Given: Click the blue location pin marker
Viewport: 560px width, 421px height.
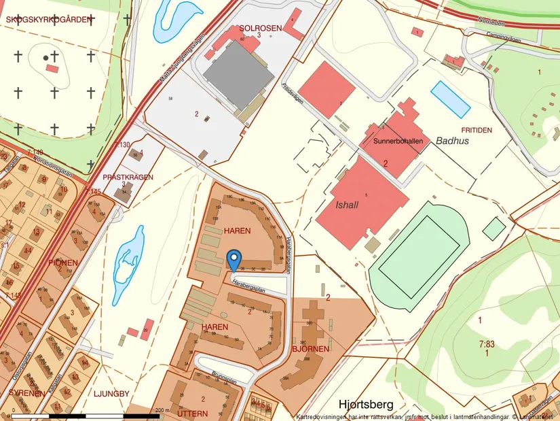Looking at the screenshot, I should point(234,259).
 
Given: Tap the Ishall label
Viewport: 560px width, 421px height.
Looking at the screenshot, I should point(346,204).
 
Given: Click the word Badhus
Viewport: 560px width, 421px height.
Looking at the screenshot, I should point(452,141).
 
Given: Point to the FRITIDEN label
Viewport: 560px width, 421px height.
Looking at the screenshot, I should point(477,129).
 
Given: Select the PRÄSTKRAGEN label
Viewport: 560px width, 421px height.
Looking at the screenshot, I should point(128,177).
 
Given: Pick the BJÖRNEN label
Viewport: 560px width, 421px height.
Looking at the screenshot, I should point(310,349).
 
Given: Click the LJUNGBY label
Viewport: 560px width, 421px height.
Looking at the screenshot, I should point(111,393).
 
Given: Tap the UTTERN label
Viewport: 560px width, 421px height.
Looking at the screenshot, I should point(192,413).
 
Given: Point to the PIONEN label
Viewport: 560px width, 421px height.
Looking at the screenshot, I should point(63,263).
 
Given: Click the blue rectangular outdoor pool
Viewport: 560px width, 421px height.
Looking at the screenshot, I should point(451,99).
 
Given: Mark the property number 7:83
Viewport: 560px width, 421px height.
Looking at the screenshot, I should point(486,344).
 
